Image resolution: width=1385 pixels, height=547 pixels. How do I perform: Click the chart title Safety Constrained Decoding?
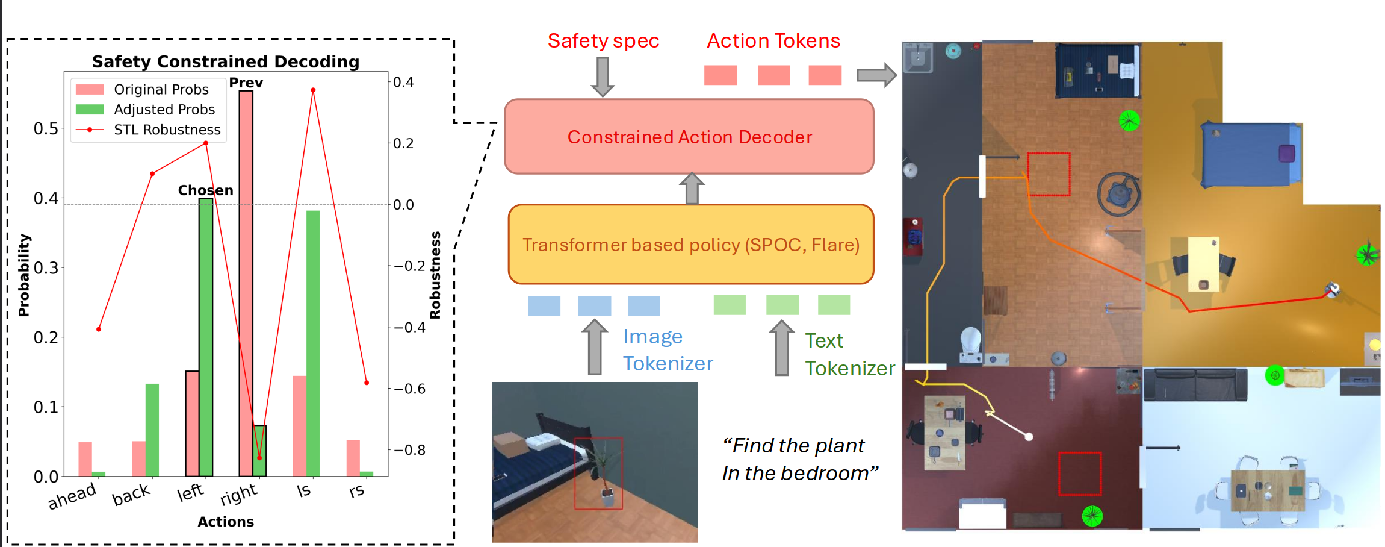pos(225,61)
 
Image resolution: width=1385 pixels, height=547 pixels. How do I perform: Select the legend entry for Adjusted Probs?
pos(164,110)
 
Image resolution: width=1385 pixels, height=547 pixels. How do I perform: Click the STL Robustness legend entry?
pos(167,130)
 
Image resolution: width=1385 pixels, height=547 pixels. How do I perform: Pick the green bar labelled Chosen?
pos(206,337)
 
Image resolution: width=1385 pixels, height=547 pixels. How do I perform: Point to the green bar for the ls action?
pos(313,343)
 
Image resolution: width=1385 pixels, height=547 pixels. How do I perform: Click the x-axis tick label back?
pos(131,495)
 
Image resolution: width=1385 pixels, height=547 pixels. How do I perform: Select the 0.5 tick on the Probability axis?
pos(46,128)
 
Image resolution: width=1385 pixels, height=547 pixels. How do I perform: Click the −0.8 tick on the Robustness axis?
pos(409,450)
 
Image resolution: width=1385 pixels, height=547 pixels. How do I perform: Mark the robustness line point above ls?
pos(313,90)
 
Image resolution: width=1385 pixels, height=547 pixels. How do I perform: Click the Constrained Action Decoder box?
pos(689,137)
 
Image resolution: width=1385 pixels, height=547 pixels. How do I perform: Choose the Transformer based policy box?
pos(690,245)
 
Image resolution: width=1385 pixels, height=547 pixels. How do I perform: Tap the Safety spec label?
pos(603,41)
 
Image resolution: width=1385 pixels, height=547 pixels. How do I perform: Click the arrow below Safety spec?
pos(603,77)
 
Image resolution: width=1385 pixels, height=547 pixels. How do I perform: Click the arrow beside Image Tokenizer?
pos(595,347)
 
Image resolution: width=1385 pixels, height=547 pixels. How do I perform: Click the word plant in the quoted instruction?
pos(840,446)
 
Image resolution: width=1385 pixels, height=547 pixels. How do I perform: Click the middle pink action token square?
pos(773,75)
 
